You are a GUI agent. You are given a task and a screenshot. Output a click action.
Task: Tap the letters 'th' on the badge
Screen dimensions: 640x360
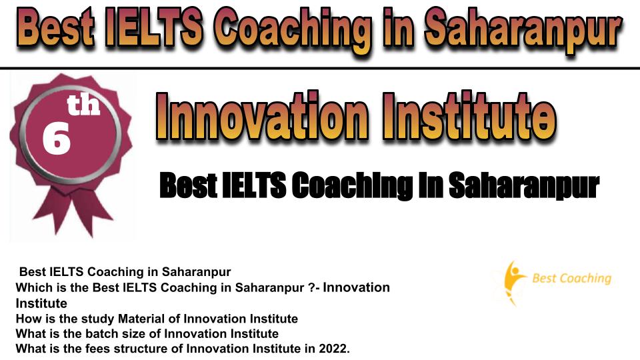point(84,104)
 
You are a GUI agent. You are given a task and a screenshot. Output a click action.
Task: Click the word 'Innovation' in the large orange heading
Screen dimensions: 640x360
point(262,116)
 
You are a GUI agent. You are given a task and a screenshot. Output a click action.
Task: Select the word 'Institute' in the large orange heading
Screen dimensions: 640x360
point(469,116)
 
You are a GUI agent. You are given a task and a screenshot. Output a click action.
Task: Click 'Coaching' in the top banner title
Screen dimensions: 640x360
point(293,31)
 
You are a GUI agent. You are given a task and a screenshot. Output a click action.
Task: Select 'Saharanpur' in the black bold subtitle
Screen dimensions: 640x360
point(524,186)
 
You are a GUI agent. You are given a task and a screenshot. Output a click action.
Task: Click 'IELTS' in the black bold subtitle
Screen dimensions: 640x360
point(253,185)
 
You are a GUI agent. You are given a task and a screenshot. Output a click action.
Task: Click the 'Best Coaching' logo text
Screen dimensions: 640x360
point(572,279)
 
